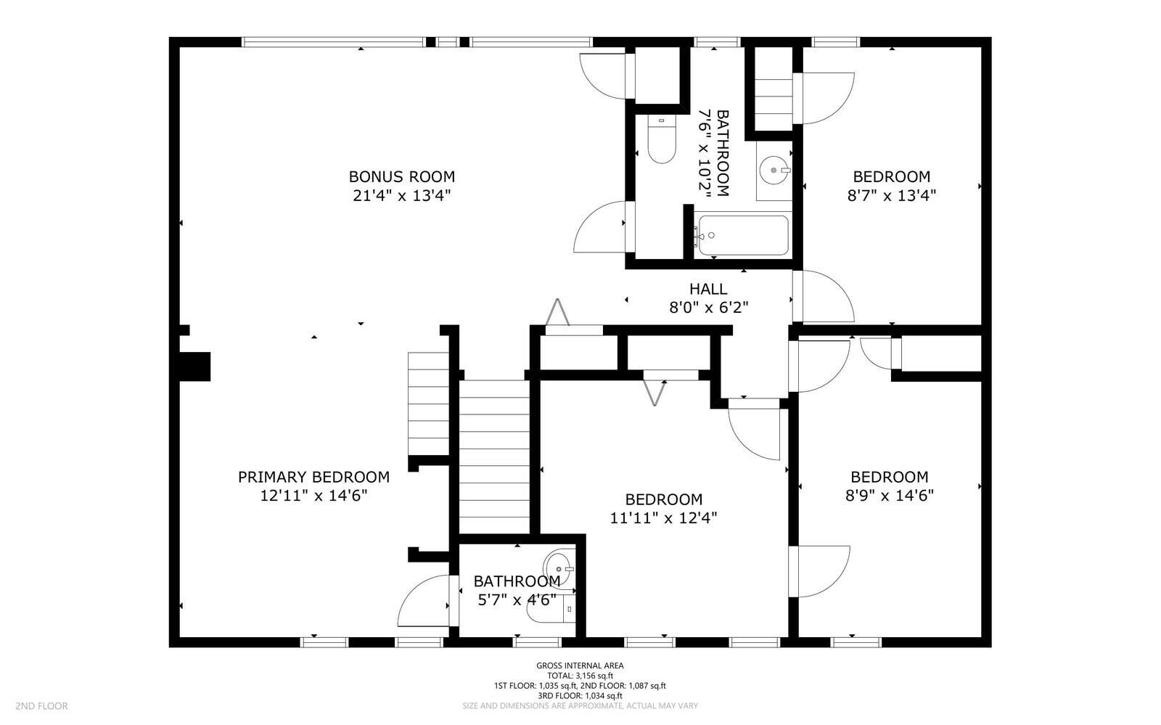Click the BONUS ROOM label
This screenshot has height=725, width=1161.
point(402,177)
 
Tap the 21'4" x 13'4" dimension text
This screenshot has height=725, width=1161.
point(402,196)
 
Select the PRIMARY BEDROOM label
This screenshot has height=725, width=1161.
point(313,477)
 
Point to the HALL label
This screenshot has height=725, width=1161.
point(708,289)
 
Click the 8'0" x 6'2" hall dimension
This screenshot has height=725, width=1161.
point(708,308)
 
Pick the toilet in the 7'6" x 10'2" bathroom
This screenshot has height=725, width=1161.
point(662,139)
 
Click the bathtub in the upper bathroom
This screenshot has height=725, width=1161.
point(743,235)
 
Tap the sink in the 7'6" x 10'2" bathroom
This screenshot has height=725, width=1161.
point(774,170)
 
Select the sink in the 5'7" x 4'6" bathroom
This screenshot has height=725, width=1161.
point(559,569)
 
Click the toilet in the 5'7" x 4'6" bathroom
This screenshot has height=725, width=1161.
point(551,608)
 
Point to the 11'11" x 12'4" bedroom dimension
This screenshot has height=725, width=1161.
point(663,517)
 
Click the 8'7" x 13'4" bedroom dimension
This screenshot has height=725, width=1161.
point(892,196)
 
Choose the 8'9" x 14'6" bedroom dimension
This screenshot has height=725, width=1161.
point(890,496)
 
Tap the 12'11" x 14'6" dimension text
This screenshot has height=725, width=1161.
point(313,496)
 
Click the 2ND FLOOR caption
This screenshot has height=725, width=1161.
point(41,706)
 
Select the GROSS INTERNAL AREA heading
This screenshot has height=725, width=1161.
point(580,666)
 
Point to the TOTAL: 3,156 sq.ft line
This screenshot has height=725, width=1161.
point(580,676)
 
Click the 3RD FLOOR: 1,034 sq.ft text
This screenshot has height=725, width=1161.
point(580,696)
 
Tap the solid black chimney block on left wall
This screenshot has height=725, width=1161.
point(195,367)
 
